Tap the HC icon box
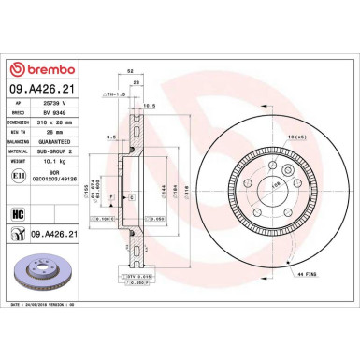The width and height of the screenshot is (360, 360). (x=17, y=214)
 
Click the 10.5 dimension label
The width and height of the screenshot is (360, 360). (x=148, y=106)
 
